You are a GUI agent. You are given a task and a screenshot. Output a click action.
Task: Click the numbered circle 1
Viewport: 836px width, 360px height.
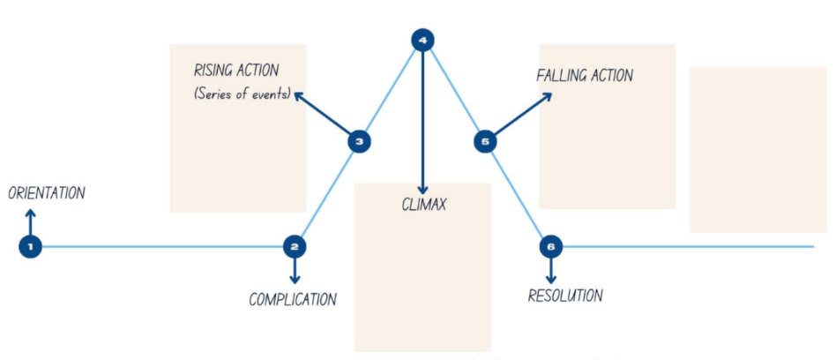(x=30, y=246)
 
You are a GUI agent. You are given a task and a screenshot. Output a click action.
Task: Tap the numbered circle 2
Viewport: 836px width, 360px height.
(x=295, y=246)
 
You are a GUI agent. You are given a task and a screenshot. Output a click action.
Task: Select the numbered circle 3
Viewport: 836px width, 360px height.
(x=357, y=140)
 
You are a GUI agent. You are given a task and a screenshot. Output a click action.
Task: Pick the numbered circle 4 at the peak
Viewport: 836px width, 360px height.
(x=423, y=40)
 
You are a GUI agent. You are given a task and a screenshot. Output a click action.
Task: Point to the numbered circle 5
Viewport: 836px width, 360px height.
(x=485, y=140)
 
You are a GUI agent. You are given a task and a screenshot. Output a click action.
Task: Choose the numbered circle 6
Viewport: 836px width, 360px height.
(x=551, y=246)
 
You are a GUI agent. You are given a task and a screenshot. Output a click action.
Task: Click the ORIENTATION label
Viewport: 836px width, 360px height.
(x=46, y=193)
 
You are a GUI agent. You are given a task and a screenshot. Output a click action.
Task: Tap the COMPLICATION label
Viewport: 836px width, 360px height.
(x=293, y=299)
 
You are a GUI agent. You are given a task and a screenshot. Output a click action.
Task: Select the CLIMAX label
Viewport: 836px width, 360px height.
(x=423, y=205)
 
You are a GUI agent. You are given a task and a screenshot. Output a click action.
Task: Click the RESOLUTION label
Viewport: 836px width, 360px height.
(x=565, y=296)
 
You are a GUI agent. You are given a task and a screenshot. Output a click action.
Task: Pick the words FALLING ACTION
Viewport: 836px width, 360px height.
(x=584, y=76)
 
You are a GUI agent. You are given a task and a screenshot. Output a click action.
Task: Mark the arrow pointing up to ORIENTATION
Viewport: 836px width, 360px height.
(x=30, y=221)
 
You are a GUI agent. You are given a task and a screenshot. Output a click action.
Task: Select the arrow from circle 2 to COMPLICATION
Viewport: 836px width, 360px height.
(x=295, y=269)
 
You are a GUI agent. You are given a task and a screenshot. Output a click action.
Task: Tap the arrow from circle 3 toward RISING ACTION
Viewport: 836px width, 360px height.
(x=323, y=114)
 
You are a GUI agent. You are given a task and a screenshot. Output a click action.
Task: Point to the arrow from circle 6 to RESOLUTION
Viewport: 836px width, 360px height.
(x=551, y=269)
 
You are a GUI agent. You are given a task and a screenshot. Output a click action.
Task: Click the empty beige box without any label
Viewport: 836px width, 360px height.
(x=758, y=149)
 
